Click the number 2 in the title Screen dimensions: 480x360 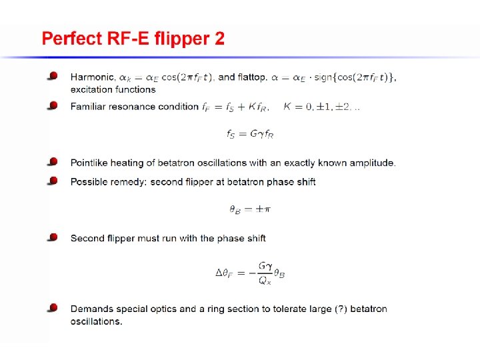[x=220, y=39]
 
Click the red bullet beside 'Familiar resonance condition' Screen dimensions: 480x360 [x=53, y=106]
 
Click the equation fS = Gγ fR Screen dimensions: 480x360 [x=250, y=135]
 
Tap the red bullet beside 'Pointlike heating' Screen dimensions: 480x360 [x=53, y=162]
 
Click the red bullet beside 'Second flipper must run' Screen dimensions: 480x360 [x=53, y=237]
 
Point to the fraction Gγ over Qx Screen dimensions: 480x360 [x=265, y=273]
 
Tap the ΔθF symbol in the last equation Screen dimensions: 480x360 [x=226, y=273]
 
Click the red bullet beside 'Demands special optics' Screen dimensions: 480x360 [x=53, y=308]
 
